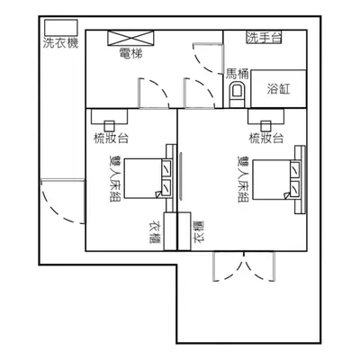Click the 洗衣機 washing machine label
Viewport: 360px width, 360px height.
pyautogui.click(x=61, y=43)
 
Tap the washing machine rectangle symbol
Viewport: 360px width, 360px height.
pyautogui.click(x=61, y=28)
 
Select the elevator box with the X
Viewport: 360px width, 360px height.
pyautogui.click(x=130, y=38)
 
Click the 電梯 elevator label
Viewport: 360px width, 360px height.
pyautogui.click(x=130, y=53)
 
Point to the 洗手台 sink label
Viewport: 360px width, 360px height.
pyautogui.click(x=265, y=38)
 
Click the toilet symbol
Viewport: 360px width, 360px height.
pyautogui.click(x=237, y=94)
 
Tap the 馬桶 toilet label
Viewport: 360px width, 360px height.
pyautogui.click(x=238, y=74)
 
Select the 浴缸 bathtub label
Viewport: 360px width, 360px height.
pyautogui.click(x=279, y=89)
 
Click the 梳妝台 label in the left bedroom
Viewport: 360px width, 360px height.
pyautogui.click(x=112, y=139)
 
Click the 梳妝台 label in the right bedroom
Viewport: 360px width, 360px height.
pyautogui.click(x=266, y=139)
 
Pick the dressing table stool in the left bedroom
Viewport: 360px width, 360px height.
pyautogui.click(x=110, y=126)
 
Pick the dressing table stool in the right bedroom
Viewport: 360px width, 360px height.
pyautogui.click(x=265, y=126)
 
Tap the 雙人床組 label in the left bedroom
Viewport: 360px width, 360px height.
pyautogui.click(x=114, y=178)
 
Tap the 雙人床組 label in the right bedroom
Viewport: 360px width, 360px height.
pyautogui.click(x=243, y=179)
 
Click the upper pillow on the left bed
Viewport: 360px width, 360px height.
pyautogui.click(x=166, y=168)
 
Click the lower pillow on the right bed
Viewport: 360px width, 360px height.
pyautogui.click(x=295, y=188)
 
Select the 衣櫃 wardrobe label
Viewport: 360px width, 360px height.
pyautogui.click(x=156, y=232)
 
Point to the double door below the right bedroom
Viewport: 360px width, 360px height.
pyautogui.click(x=244, y=266)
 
